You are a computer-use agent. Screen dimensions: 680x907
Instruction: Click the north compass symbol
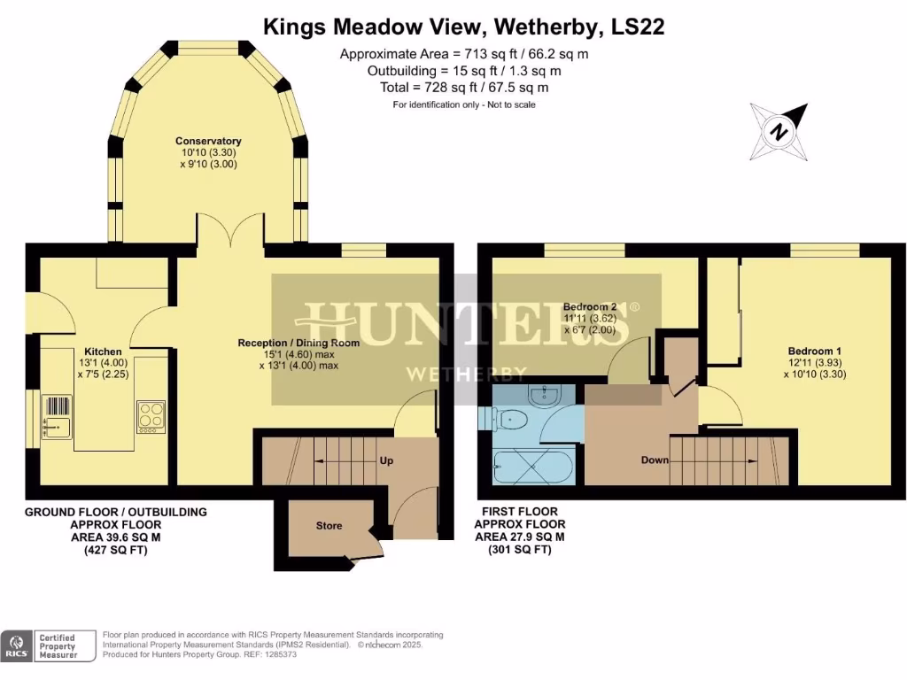coord(779,130)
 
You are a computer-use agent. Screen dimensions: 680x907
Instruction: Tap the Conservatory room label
coord(208,141)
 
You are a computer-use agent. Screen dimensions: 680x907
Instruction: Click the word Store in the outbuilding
coord(329,526)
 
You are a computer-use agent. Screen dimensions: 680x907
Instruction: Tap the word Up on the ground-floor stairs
coord(387,461)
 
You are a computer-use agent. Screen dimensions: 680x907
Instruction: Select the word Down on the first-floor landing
coord(655,460)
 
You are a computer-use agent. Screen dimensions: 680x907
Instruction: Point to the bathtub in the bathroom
coord(534,466)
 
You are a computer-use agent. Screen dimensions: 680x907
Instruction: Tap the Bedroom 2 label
coord(589,307)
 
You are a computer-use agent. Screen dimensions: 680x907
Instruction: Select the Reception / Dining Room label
coord(298,343)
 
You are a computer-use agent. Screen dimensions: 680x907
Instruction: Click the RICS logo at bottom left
coord(16,646)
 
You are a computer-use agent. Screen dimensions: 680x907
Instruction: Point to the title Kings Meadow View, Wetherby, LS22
coord(463,27)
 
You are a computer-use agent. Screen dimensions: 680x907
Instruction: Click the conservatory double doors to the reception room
coord(229,232)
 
